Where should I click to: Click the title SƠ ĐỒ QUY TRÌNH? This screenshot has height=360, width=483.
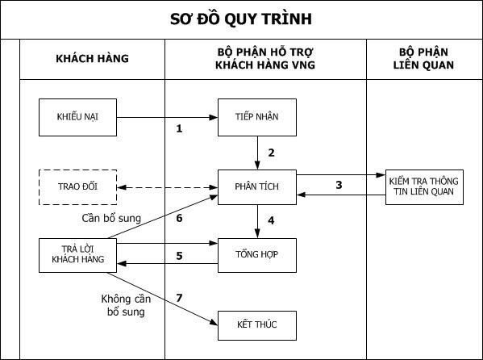(x=241, y=19)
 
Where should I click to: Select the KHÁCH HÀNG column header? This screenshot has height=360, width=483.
(x=92, y=59)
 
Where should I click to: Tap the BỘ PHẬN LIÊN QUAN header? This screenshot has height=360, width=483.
(x=423, y=59)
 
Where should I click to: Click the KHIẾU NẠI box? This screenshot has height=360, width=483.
(x=77, y=117)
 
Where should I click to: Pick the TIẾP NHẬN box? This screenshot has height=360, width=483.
(x=257, y=117)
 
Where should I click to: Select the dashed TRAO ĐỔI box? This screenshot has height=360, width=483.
(x=77, y=187)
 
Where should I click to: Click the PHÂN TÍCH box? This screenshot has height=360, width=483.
(x=257, y=187)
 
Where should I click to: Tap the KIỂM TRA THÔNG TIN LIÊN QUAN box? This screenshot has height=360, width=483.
(x=424, y=187)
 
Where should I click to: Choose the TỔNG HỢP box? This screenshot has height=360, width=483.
(x=257, y=255)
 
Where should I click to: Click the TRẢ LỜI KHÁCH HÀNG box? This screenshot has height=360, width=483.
(x=77, y=255)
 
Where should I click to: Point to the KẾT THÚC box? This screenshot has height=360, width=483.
(x=257, y=325)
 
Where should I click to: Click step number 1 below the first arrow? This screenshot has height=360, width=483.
(x=179, y=128)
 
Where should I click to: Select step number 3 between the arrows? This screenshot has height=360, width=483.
(x=339, y=185)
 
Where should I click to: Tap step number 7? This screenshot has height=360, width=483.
(x=179, y=298)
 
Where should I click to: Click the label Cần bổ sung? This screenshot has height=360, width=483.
(x=111, y=219)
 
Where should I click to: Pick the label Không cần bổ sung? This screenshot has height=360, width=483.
(x=126, y=305)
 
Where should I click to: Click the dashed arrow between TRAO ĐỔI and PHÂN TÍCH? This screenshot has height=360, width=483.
(x=167, y=187)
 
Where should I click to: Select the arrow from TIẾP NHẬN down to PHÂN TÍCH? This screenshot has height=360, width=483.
(x=257, y=153)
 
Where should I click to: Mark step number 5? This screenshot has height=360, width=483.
(x=179, y=256)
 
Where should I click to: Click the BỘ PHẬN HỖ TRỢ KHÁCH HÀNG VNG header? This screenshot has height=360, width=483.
(x=265, y=59)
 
